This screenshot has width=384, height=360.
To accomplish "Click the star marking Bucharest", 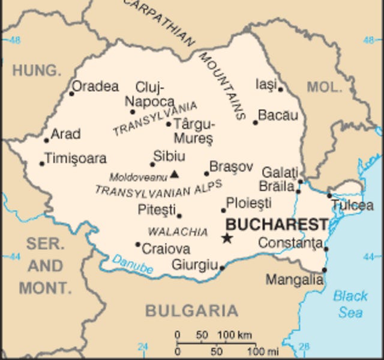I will click(227, 238).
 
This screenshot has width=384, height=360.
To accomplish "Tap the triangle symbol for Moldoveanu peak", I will click(175, 175).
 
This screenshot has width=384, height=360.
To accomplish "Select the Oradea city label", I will click(96, 86).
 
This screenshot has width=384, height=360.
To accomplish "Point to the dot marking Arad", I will click(46, 140).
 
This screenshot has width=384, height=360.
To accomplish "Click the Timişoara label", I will click(76, 158).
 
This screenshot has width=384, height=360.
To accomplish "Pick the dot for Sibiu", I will click(152, 164).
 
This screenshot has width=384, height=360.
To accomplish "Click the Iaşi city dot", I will click(280, 89).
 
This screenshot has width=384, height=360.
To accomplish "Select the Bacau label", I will click(278, 115).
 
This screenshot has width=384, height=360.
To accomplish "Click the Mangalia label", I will click(294, 280).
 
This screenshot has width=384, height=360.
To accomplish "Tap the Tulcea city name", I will click(353, 206).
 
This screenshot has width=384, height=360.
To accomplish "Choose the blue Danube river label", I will click(132, 265).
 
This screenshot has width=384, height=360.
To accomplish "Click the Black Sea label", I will click(350, 304).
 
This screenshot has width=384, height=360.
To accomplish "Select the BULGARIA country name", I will click(191, 311).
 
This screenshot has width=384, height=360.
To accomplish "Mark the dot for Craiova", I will click(137, 244).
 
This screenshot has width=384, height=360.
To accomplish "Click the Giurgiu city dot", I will click(222, 268).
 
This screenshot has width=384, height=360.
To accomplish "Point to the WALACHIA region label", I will click(169, 232).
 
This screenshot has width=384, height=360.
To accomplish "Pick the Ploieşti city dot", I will click(223, 210).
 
